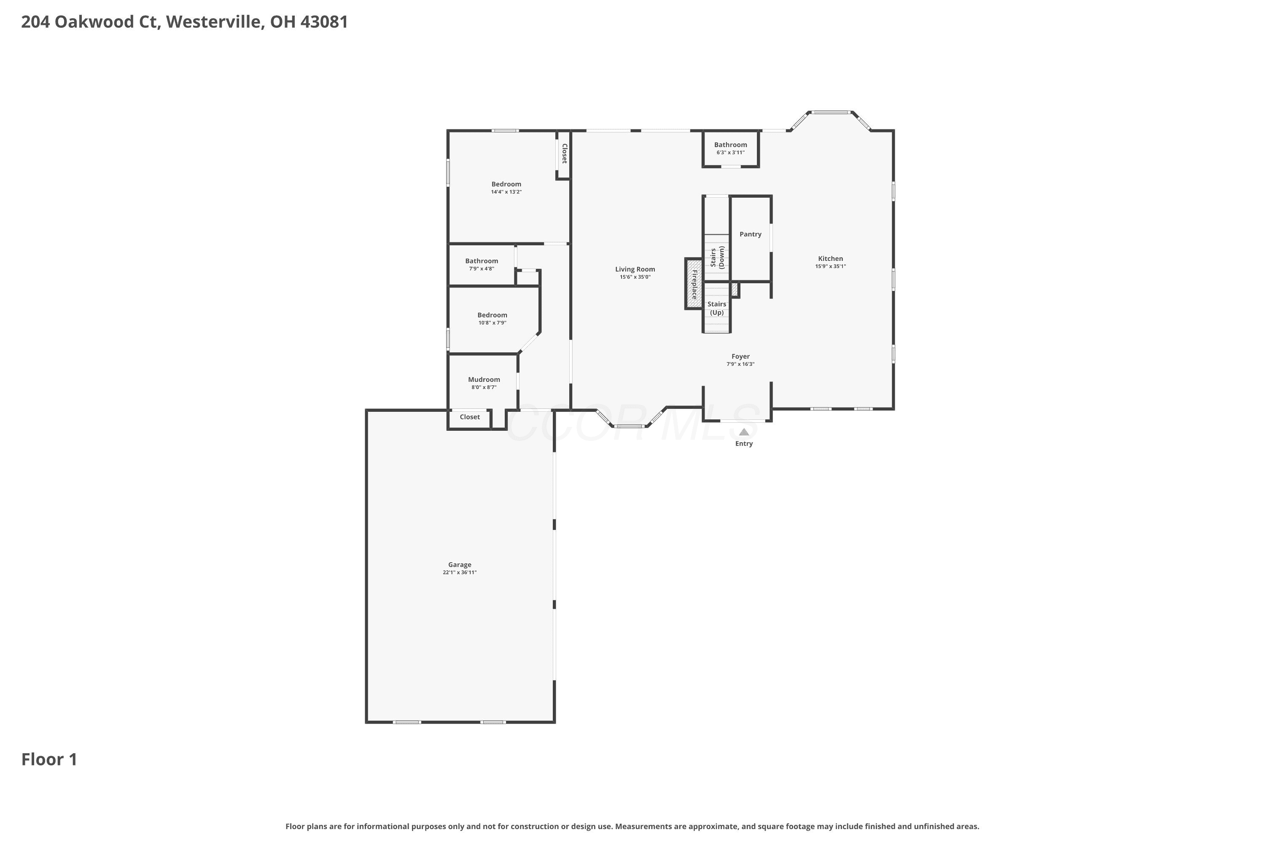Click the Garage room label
(x=460, y=564)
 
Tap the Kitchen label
(x=830, y=259)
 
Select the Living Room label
(x=635, y=269)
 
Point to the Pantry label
(x=750, y=234)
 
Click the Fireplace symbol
(x=694, y=284)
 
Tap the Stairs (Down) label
(x=717, y=257)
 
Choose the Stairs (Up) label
(x=717, y=308)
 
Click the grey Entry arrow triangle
(x=744, y=432)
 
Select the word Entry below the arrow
(x=744, y=443)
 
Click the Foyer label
(x=740, y=357)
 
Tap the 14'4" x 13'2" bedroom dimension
(x=506, y=192)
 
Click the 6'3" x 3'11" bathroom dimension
(x=730, y=153)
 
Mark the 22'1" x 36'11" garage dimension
(x=460, y=572)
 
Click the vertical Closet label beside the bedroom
(x=564, y=153)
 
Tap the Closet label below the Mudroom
(x=470, y=417)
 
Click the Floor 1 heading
(x=49, y=760)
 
